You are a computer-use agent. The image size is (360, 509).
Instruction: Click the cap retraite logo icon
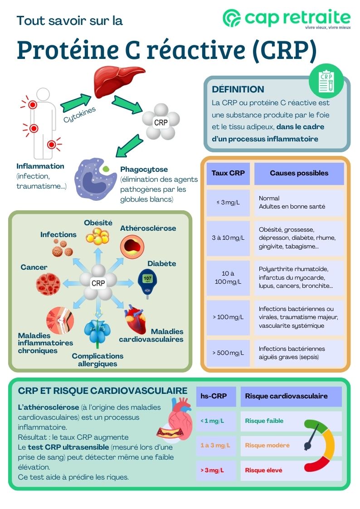tap(232, 18)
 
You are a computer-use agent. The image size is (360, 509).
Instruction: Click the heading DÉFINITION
tap(238, 89)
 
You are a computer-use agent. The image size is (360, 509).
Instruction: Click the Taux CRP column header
tap(228, 173)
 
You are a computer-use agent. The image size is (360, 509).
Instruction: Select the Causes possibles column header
tap(299, 173)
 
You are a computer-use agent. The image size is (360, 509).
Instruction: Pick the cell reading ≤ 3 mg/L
tap(228, 202)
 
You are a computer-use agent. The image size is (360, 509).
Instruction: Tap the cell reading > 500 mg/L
tap(228, 353)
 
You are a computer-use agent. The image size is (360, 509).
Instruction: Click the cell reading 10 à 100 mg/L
tap(228, 277)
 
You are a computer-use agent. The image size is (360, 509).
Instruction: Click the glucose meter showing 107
tap(147, 281)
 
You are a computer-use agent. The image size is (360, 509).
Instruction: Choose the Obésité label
tap(98, 223)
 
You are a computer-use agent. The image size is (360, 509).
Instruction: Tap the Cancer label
tap(34, 267)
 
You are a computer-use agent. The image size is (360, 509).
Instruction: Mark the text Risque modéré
tap(267, 445)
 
